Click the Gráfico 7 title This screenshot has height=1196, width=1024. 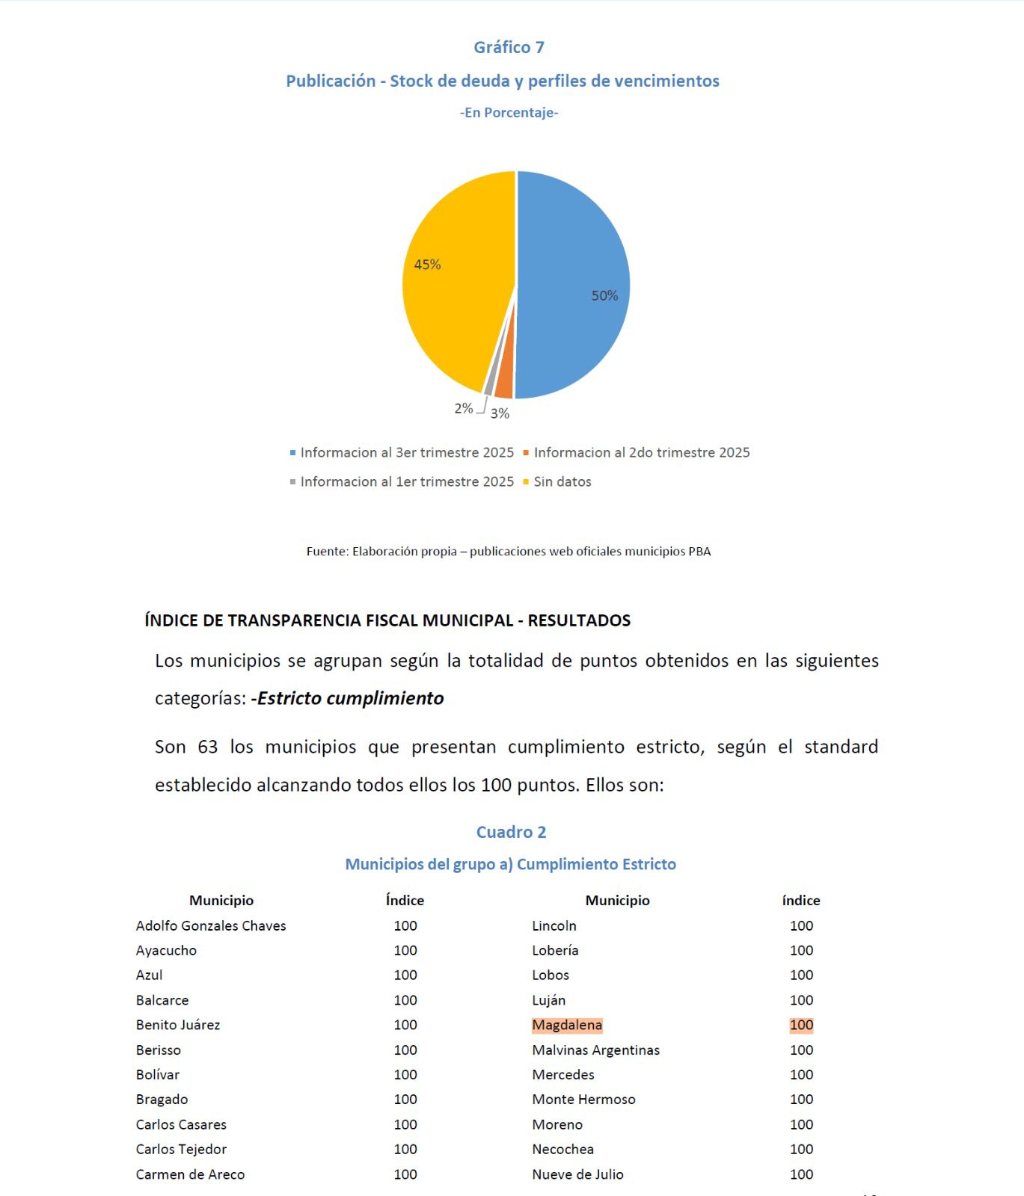pyautogui.click(x=509, y=47)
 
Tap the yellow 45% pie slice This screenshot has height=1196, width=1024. pyautogui.click(x=456, y=292)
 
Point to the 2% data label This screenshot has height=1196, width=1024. pyautogui.click(x=463, y=408)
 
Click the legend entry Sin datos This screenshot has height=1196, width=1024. pyautogui.click(x=562, y=482)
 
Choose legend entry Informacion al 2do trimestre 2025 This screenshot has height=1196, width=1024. pyautogui.click(x=641, y=453)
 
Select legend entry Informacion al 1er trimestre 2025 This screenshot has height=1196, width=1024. pyautogui.click(x=406, y=482)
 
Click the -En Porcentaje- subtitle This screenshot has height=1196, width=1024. pyautogui.click(x=509, y=113)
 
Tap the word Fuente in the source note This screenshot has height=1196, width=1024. pyautogui.click(x=327, y=552)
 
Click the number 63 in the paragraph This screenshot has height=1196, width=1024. pyautogui.click(x=207, y=747)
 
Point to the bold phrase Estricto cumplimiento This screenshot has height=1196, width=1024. pyautogui.click(x=349, y=698)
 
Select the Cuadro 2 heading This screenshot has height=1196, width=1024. pyautogui.click(x=511, y=832)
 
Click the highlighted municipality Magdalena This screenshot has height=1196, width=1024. pyautogui.click(x=567, y=1025)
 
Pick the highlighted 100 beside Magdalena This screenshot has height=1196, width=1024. pyautogui.click(x=801, y=1025)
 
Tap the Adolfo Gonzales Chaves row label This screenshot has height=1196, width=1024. pyautogui.click(x=211, y=925)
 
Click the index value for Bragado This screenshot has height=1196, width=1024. pyautogui.click(x=405, y=1100)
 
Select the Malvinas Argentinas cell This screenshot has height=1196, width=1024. pyautogui.click(x=595, y=1050)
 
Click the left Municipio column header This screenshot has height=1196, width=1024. pyautogui.click(x=221, y=901)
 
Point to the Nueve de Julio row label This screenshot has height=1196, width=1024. pyautogui.click(x=577, y=1174)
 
